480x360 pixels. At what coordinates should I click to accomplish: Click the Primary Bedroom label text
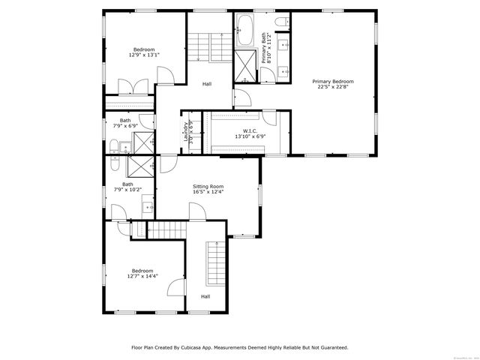333,81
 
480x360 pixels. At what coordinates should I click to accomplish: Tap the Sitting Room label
208,186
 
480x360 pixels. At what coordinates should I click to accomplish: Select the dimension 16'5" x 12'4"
208,192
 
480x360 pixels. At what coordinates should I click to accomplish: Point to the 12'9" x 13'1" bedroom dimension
144,55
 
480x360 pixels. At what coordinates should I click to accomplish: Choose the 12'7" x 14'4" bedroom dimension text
142,276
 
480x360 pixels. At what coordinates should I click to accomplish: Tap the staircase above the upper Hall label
199,49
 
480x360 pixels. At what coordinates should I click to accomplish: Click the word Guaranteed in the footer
330,347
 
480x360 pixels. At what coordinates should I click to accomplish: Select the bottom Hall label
205,296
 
